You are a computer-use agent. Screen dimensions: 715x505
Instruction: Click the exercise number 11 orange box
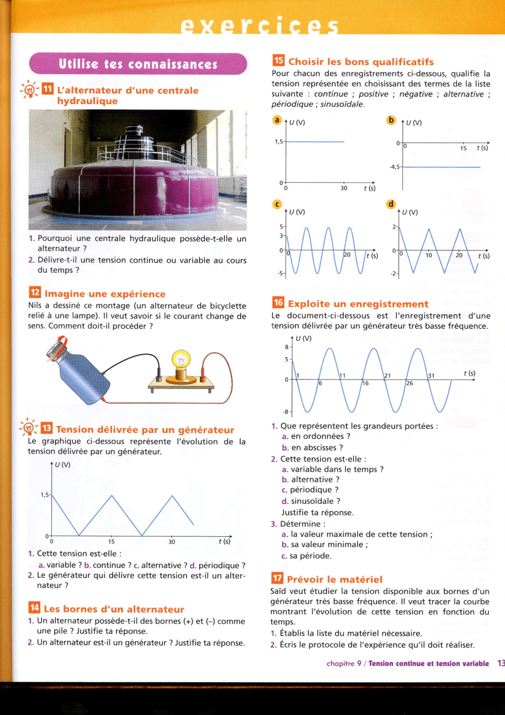click(48, 89)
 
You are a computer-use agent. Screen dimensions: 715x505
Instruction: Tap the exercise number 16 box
click(278, 302)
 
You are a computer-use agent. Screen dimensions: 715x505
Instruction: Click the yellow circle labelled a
click(277, 120)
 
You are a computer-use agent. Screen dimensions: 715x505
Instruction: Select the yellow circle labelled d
click(391, 204)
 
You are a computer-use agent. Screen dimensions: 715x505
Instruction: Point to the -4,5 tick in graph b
click(394, 167)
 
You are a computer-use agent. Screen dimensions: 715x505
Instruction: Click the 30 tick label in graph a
click(344, 188)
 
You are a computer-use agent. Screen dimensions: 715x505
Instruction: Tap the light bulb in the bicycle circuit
click(181, 360)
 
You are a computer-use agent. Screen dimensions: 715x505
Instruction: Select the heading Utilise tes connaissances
click(138, 64)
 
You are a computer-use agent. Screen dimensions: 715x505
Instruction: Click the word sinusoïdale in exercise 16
click(316, 501)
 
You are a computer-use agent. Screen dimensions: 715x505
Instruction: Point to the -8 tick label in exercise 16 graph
click(286, 412)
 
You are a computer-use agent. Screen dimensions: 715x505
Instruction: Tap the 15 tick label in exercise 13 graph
click(111, 542)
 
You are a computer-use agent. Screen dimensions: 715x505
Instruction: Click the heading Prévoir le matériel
click(335, 579)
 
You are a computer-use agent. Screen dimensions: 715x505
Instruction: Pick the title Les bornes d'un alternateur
click(114, 609)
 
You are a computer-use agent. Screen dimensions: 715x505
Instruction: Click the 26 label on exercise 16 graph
click(410, 383)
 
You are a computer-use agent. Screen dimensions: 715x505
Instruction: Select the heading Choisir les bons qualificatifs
click(361, 62)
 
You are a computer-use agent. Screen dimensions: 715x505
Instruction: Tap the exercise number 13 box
click(47, 428)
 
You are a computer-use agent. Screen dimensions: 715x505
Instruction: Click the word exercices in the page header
click(260, 26)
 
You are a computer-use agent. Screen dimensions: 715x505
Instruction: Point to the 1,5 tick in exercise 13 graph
click(45, 495)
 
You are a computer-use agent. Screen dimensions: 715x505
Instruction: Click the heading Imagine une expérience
click(105, 294)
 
